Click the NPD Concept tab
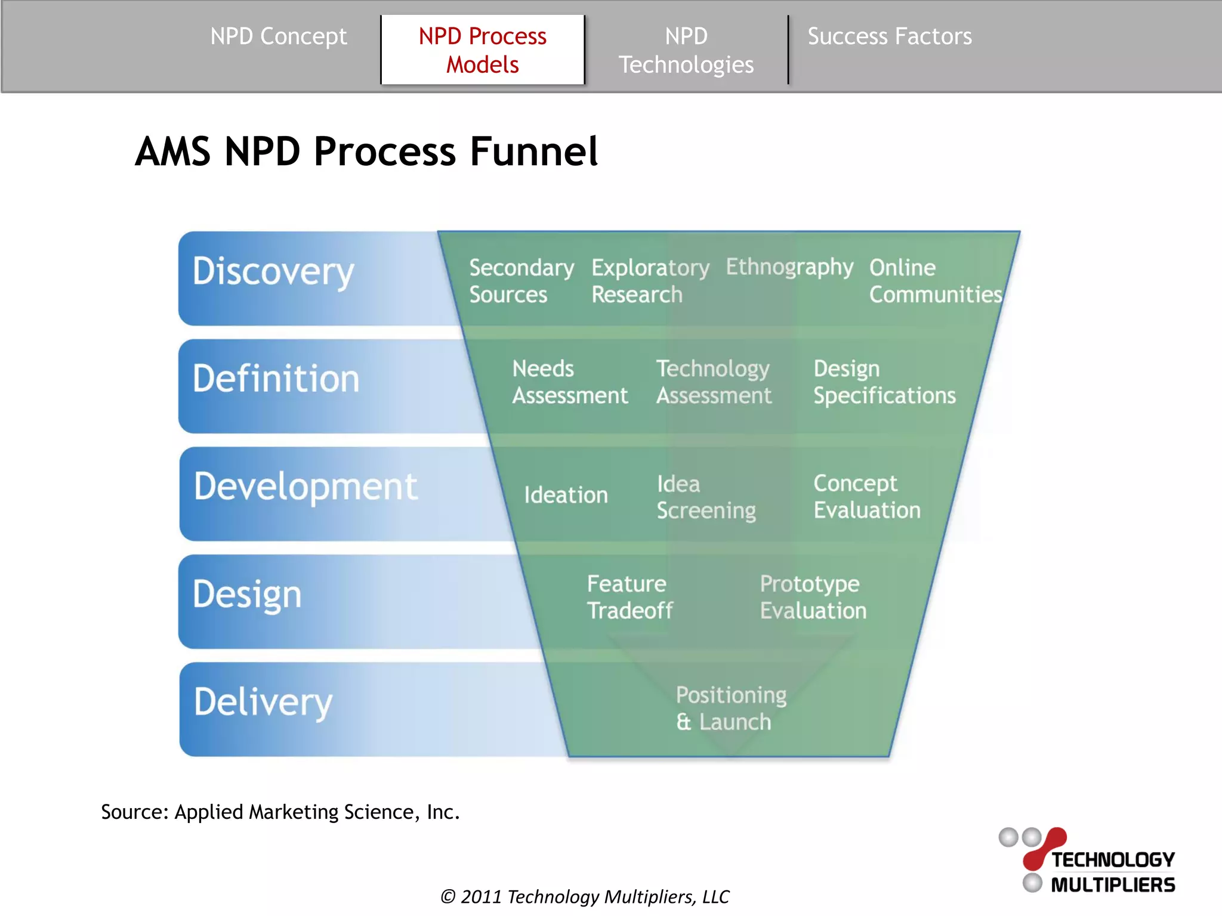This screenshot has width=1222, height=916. (x=278, y=37)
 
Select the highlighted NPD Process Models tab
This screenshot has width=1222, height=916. (x=482, y=50)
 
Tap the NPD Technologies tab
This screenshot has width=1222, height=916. (x=686, y=50)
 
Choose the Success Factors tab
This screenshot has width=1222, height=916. (x=889, y=37)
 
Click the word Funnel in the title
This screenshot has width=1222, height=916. (x=533, y=151)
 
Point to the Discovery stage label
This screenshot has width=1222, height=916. (x=273, y=272)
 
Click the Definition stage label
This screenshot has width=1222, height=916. (x=276, y=379)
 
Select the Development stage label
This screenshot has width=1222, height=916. (x=305, y=487)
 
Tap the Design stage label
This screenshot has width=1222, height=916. (x=247, y=595)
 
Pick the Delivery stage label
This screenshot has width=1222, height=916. (x=263, y=703)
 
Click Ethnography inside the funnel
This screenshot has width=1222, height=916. (x=789, y=267)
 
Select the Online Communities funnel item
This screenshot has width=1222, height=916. (x=934, y=281)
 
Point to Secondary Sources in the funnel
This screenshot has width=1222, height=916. (x=521, y=281)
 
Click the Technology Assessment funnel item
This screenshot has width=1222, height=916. (x=714, y=382)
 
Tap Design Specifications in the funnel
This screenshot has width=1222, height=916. (x=884, y=382)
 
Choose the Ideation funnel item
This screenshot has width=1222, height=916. (x=566, y=495)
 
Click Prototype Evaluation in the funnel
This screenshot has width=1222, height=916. (x=813, y=597)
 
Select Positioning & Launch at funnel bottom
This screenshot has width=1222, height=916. (x=730, y=708)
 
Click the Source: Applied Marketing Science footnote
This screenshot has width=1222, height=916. (x=280, y=812)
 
